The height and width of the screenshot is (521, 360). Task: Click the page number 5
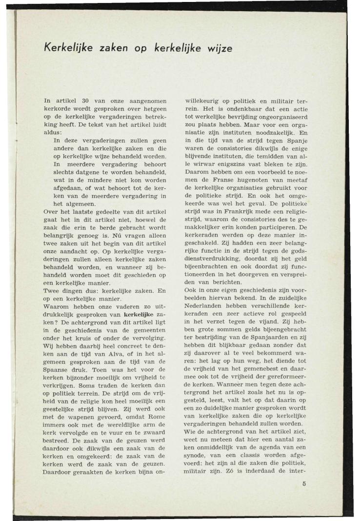[x=303, y=484]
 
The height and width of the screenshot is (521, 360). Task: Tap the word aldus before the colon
[x=52, y=132]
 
